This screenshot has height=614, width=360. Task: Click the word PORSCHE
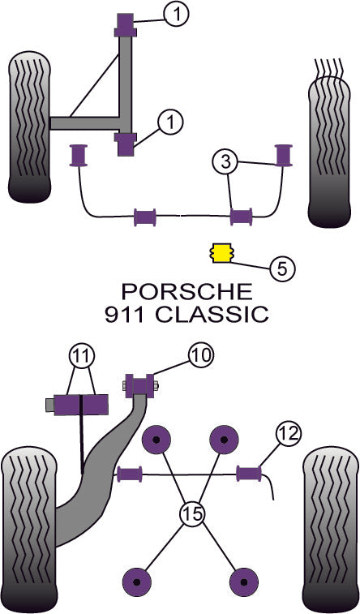click(186, 291)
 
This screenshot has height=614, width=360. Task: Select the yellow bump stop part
click(219, 253)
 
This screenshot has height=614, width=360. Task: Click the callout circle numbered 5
click(281, 268)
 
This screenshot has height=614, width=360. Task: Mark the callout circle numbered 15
click(191, 513)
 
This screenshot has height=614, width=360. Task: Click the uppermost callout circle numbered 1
click(177, 12)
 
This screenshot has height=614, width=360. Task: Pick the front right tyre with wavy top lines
click(331, 142)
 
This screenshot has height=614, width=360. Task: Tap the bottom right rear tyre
click(331, 531)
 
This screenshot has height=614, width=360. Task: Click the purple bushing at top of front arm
click(126, 26)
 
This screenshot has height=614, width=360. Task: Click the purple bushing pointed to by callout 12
click(249, 471)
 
